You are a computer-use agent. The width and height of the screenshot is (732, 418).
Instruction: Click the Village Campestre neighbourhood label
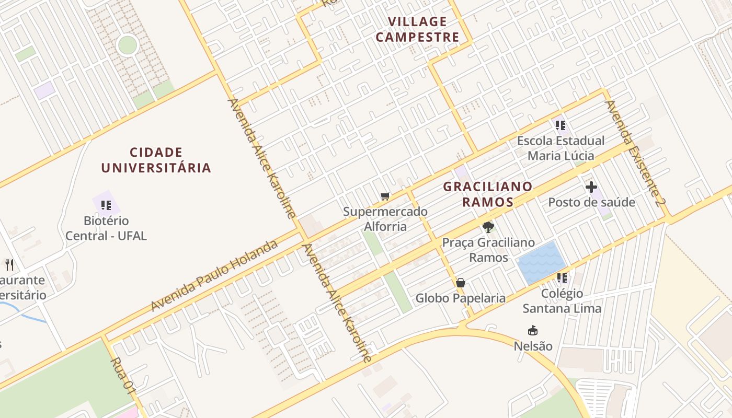[x=417, y=29]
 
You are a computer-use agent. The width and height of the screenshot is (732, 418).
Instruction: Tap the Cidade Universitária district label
[x=156, y=160]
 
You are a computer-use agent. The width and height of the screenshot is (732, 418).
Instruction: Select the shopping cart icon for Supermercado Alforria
[x=385, y=196]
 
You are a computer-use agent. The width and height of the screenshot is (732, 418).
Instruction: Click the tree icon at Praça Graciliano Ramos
[x=488, y=227]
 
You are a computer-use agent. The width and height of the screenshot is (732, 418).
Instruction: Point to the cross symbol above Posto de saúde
[x=591, y=187]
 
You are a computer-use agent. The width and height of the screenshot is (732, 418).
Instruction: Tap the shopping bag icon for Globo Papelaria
[x=461, y=283]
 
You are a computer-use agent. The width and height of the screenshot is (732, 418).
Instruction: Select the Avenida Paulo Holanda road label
[x=214, y=275]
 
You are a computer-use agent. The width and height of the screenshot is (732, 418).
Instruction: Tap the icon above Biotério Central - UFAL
[x=106, y=205]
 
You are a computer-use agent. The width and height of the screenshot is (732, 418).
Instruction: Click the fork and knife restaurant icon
[x=9, y=264]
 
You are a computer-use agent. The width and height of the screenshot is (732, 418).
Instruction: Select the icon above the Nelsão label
[x=533, y=331]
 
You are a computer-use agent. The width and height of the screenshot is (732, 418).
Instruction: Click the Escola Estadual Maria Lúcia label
[x=561, y=148]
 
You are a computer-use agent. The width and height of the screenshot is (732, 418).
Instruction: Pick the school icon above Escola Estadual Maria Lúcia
[x=561, y=125]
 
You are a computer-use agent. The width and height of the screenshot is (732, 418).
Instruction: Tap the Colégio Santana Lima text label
[x=562, y=301]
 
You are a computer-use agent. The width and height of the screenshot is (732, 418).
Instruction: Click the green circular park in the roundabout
[x=127, y=45]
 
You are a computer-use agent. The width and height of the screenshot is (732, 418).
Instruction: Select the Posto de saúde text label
[x=591, y=202]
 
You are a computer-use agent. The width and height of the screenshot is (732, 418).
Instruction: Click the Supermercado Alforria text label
[x=385, y=219]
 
